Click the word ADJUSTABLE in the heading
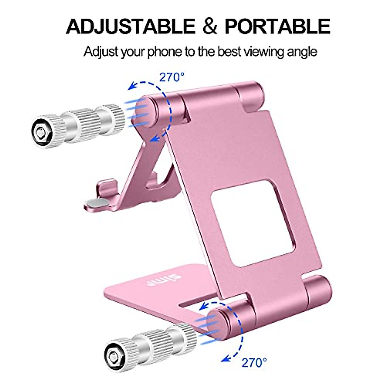pyautogui.click(x=130, y=26)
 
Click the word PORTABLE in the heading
pyautogui.click(x=277, y=26)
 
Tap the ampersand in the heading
pyautogui.click(x=210, y=26)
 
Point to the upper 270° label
pyautogui.click(x=172, y=78)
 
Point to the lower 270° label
pyautogui.click(x=254, y=363)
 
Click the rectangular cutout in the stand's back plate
pyautogui.click(x=245, y=223)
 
